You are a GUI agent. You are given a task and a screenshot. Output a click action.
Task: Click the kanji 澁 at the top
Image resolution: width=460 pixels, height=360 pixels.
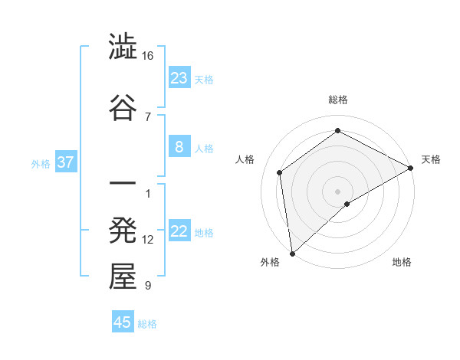coord(123,47)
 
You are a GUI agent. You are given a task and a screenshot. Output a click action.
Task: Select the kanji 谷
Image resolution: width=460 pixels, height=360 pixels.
coord(123,106)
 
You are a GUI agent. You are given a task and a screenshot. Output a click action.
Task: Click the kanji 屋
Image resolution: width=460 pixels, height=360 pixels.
coord(123,277)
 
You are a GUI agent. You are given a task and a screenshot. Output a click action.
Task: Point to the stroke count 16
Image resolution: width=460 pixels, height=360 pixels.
coord(148,56)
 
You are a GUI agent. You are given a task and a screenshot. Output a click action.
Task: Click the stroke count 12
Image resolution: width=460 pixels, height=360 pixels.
coord(148,240)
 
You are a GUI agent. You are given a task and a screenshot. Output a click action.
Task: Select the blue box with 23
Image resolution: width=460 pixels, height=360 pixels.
coord(179,78)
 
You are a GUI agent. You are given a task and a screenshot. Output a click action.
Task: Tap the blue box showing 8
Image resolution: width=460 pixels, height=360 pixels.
coord(179,147)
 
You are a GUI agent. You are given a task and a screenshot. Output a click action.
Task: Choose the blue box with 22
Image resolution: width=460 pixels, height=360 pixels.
coord(179,232)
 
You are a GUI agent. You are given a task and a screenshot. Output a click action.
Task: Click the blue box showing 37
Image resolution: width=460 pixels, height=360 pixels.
coord(65,162)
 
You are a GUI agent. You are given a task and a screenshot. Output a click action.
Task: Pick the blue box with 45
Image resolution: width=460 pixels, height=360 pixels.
coord(123,322)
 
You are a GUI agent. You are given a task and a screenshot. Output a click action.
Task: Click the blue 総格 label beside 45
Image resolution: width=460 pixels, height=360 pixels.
coord(147,324)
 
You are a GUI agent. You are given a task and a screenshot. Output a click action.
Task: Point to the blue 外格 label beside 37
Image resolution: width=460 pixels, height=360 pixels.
coord(41,163)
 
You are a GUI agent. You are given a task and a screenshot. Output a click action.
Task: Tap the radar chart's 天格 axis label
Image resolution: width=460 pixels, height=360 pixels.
coord(431,159)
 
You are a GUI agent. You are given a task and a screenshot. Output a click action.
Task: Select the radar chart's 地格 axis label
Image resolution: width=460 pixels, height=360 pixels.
coord(402,262)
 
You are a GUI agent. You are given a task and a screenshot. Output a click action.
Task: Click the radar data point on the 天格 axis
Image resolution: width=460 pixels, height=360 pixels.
coord(411,168)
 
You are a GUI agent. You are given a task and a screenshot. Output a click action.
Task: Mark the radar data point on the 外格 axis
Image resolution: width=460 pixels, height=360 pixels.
coord(292,254)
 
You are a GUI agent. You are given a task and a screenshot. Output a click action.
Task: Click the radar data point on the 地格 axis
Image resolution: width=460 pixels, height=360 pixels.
coord(347,204)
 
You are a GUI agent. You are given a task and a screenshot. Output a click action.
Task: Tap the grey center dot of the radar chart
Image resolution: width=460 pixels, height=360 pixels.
coord(337,191)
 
